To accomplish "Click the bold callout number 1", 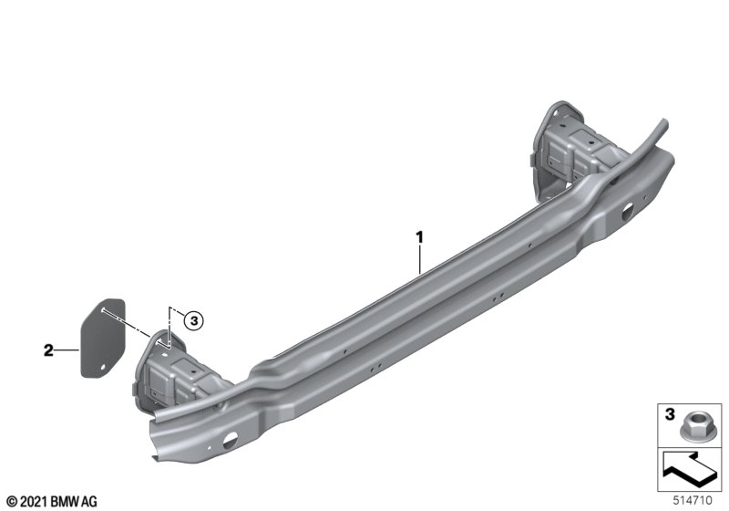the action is point(419,237).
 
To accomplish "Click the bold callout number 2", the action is point(49,350).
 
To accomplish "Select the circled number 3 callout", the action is point(193,320).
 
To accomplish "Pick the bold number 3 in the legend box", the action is point(670,413).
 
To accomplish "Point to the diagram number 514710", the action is point(693,501).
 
